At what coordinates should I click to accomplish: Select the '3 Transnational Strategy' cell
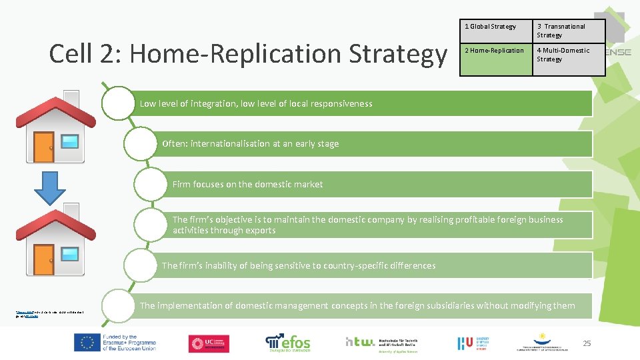click(x=569, y=31)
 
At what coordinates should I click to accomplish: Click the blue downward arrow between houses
click(x=50, y=187)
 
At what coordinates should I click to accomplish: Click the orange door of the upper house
click(x=44, y=148)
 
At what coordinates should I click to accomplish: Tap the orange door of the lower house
click(x=44, y=260)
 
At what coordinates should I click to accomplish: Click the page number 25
click(x=587, y=343)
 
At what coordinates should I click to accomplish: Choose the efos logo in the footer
click(x=288, y=341)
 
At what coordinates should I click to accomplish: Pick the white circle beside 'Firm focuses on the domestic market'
click(x=150, y=184)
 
